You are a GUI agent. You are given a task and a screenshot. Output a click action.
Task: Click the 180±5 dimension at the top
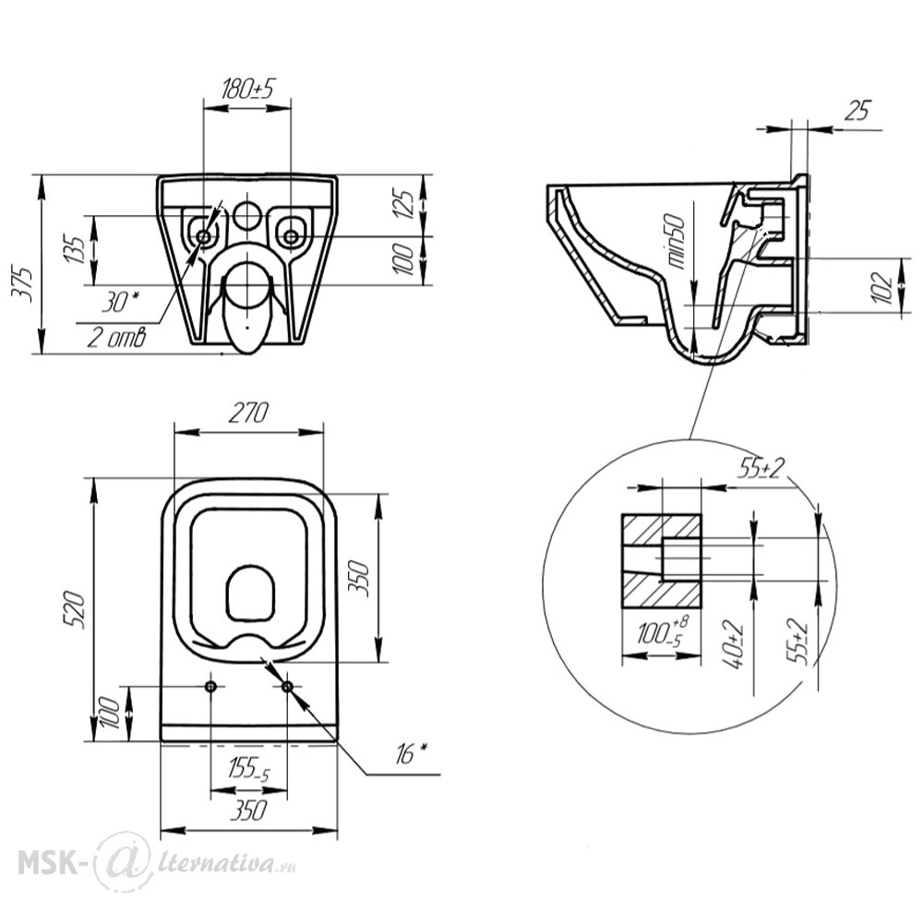click(x=247, y=89)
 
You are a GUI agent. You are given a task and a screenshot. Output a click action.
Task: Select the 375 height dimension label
click(x=24, y=284)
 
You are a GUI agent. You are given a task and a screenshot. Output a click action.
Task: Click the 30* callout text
click(x=122, y=303)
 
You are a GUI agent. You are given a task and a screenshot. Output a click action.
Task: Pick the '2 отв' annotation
click(x=117, y=338)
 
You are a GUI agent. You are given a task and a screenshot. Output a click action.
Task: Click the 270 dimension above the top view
click(x=248, y=414)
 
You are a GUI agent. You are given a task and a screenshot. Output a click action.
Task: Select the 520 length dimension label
click(x=77, y=610)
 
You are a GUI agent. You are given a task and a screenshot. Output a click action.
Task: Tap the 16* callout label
click(x=412, y=754)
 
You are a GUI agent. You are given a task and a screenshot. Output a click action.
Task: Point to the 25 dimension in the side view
click(x=857, y=111)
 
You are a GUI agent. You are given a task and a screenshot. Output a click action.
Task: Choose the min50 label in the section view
click(x=677, y=241)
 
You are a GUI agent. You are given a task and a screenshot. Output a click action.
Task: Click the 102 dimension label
click(x=883, y=288)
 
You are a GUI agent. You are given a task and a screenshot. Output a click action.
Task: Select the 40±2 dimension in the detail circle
click(x=735, y=644)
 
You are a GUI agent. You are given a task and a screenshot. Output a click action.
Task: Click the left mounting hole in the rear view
click(x=204, y=236)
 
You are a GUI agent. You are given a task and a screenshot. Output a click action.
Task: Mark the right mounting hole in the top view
click(x=287, y=687)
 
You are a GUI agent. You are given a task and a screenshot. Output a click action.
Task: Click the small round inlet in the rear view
click(x=247, y=214)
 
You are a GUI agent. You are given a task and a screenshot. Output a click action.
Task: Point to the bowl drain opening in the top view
click(x=251, y=593)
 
